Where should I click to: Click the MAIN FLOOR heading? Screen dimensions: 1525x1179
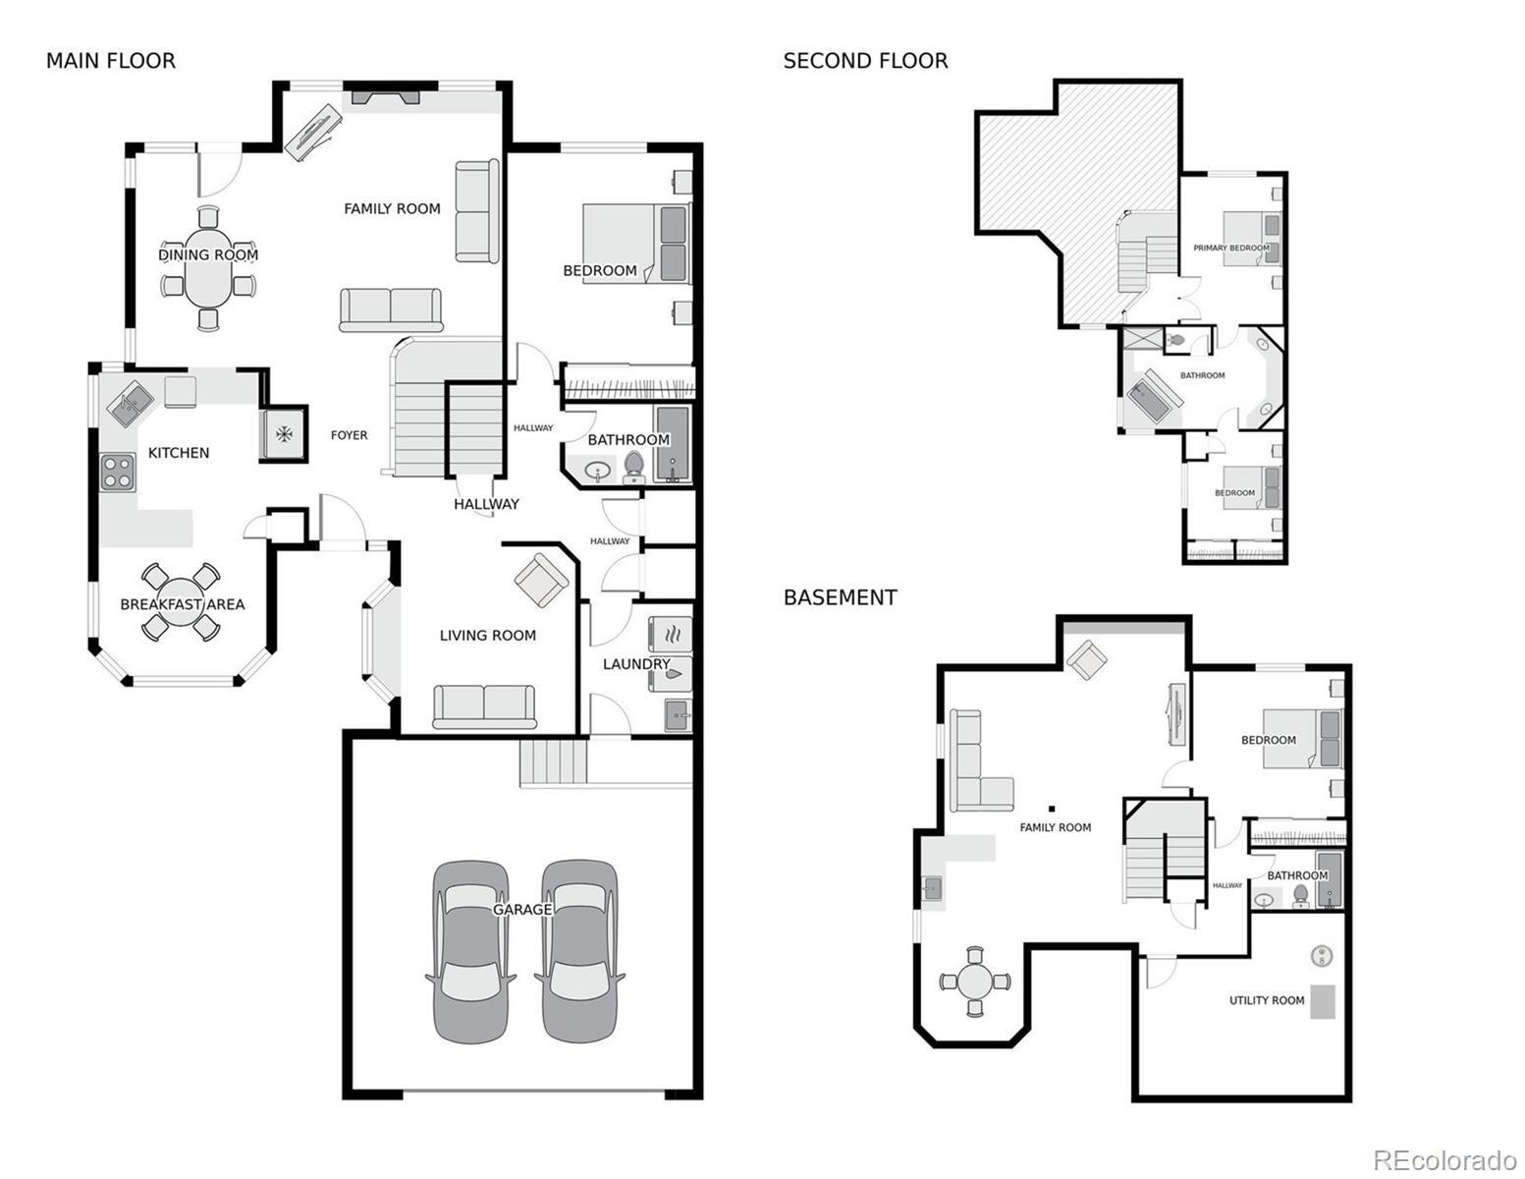[x=111, y=61]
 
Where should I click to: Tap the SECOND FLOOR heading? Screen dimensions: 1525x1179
[x=865, y=61]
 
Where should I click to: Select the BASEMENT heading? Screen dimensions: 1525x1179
[x=840, y=597]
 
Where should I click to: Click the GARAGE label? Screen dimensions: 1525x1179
[x=522, y=910]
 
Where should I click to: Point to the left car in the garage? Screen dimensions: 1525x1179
[x=470, y=951]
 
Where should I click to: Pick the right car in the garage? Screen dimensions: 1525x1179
[x=579, y=951]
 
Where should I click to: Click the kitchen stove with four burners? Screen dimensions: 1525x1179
[x=117, y=472]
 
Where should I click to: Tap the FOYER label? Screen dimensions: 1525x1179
[x=349, y=435]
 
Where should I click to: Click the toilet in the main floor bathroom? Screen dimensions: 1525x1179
[x=633, y=467]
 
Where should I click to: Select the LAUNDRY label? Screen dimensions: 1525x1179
[x=636, y=663]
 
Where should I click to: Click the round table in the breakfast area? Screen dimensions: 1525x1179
[x=181, y=602]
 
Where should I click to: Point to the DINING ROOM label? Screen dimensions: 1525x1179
[x=208, y=254]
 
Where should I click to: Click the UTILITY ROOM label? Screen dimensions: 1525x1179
[x=1267, y=1000]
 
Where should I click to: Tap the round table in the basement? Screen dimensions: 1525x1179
[x=975, y=982]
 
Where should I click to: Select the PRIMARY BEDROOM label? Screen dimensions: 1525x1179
[x=1231, y=248]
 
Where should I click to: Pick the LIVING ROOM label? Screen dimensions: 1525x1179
[x=488, y=636]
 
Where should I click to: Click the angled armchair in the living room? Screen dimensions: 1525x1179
[x=541, y=580]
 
